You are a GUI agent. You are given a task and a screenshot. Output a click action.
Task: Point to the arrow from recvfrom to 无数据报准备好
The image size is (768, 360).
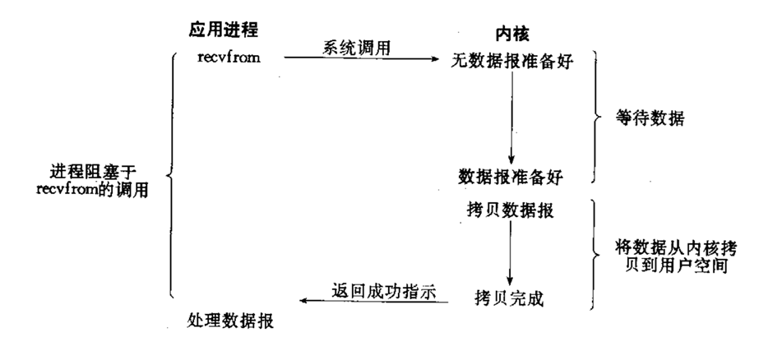(362, 59)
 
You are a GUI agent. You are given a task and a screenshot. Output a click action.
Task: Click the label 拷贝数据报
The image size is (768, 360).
(511, 210)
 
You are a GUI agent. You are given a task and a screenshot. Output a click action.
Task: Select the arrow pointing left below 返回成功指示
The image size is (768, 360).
(374, 302)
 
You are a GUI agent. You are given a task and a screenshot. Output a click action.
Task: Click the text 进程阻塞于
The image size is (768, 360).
(90, 171)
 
